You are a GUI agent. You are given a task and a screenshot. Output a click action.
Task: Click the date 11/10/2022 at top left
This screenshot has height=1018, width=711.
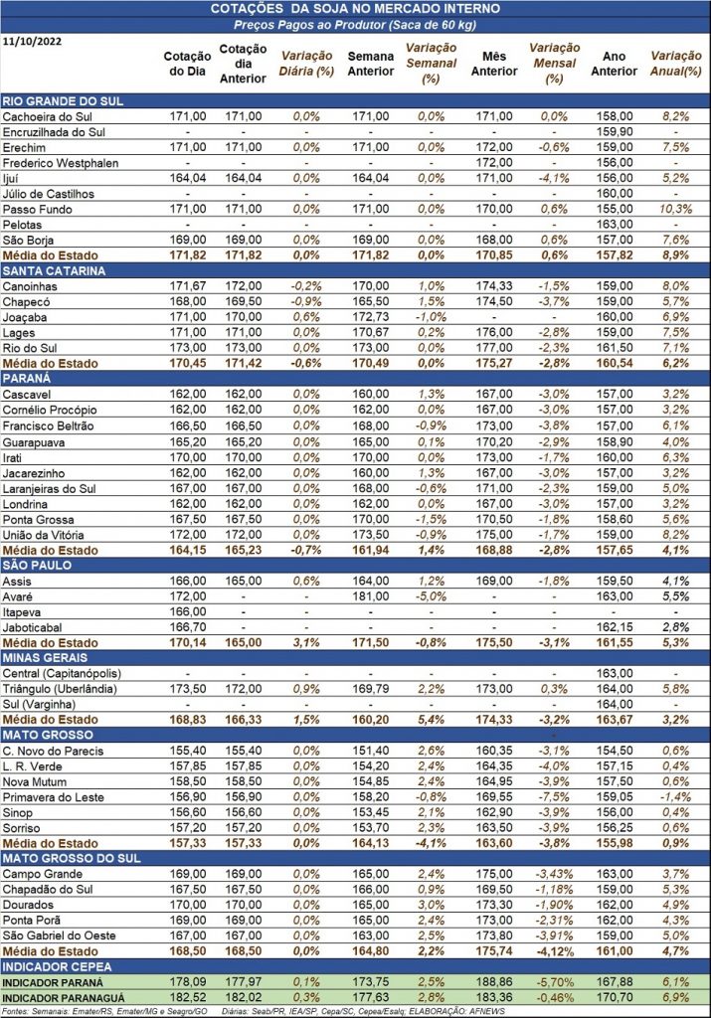33,42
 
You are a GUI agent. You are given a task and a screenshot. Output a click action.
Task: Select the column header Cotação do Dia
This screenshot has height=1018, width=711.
187,64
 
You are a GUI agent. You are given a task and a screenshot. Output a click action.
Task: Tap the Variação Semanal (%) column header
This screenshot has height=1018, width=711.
432,64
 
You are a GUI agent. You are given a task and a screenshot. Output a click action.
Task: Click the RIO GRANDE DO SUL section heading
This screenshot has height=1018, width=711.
63,101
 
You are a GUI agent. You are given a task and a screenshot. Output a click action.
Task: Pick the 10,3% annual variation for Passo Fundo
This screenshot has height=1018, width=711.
676,209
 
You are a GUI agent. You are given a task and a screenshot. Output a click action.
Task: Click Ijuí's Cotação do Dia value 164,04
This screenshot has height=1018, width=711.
188,178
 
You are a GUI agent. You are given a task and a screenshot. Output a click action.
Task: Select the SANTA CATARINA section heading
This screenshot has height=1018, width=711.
54,270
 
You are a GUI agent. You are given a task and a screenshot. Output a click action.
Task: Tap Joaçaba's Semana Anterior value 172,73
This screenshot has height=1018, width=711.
371,317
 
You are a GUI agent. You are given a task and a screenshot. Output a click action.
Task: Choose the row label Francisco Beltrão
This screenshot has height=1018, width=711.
48,425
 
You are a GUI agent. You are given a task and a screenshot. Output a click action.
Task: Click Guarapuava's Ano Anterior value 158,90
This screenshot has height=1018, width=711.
615,441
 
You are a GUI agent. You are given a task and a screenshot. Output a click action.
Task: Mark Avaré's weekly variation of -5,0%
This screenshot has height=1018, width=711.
432,596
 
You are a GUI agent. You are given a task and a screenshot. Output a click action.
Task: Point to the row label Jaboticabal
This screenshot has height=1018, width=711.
33,627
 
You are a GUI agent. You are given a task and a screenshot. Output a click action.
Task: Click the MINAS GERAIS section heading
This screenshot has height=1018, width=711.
45,658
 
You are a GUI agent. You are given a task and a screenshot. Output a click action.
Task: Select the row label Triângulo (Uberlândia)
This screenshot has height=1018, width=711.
60,689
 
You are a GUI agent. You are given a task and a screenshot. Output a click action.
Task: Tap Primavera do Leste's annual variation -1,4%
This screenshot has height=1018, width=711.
676,797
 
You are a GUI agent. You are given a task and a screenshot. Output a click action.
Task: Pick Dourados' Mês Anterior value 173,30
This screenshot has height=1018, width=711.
494,905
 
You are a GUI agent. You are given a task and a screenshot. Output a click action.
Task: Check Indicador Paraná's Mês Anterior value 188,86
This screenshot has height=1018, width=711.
494,982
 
